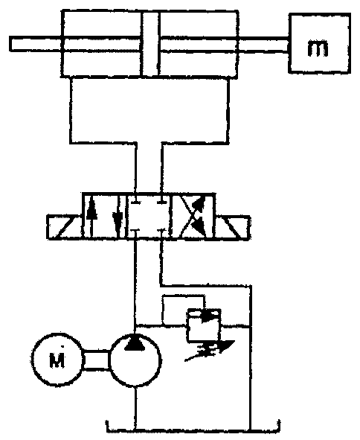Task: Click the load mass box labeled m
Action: [x=320, y=44]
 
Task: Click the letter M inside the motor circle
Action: [x=57, y=360]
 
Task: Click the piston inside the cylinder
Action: [x=150, y=44]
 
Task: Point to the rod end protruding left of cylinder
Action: [x=36, y=44]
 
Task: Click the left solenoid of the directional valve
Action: [x=64, y=227]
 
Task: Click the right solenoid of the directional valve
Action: [x=233, y=227]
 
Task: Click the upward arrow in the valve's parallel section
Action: [x=91, y=216]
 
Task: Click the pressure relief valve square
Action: [x=204, y=325]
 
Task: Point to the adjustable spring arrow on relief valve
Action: [x=209, y=351]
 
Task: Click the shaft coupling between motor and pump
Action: [x=96, y=360]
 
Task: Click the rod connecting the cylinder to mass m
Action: [x=263, y=45]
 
